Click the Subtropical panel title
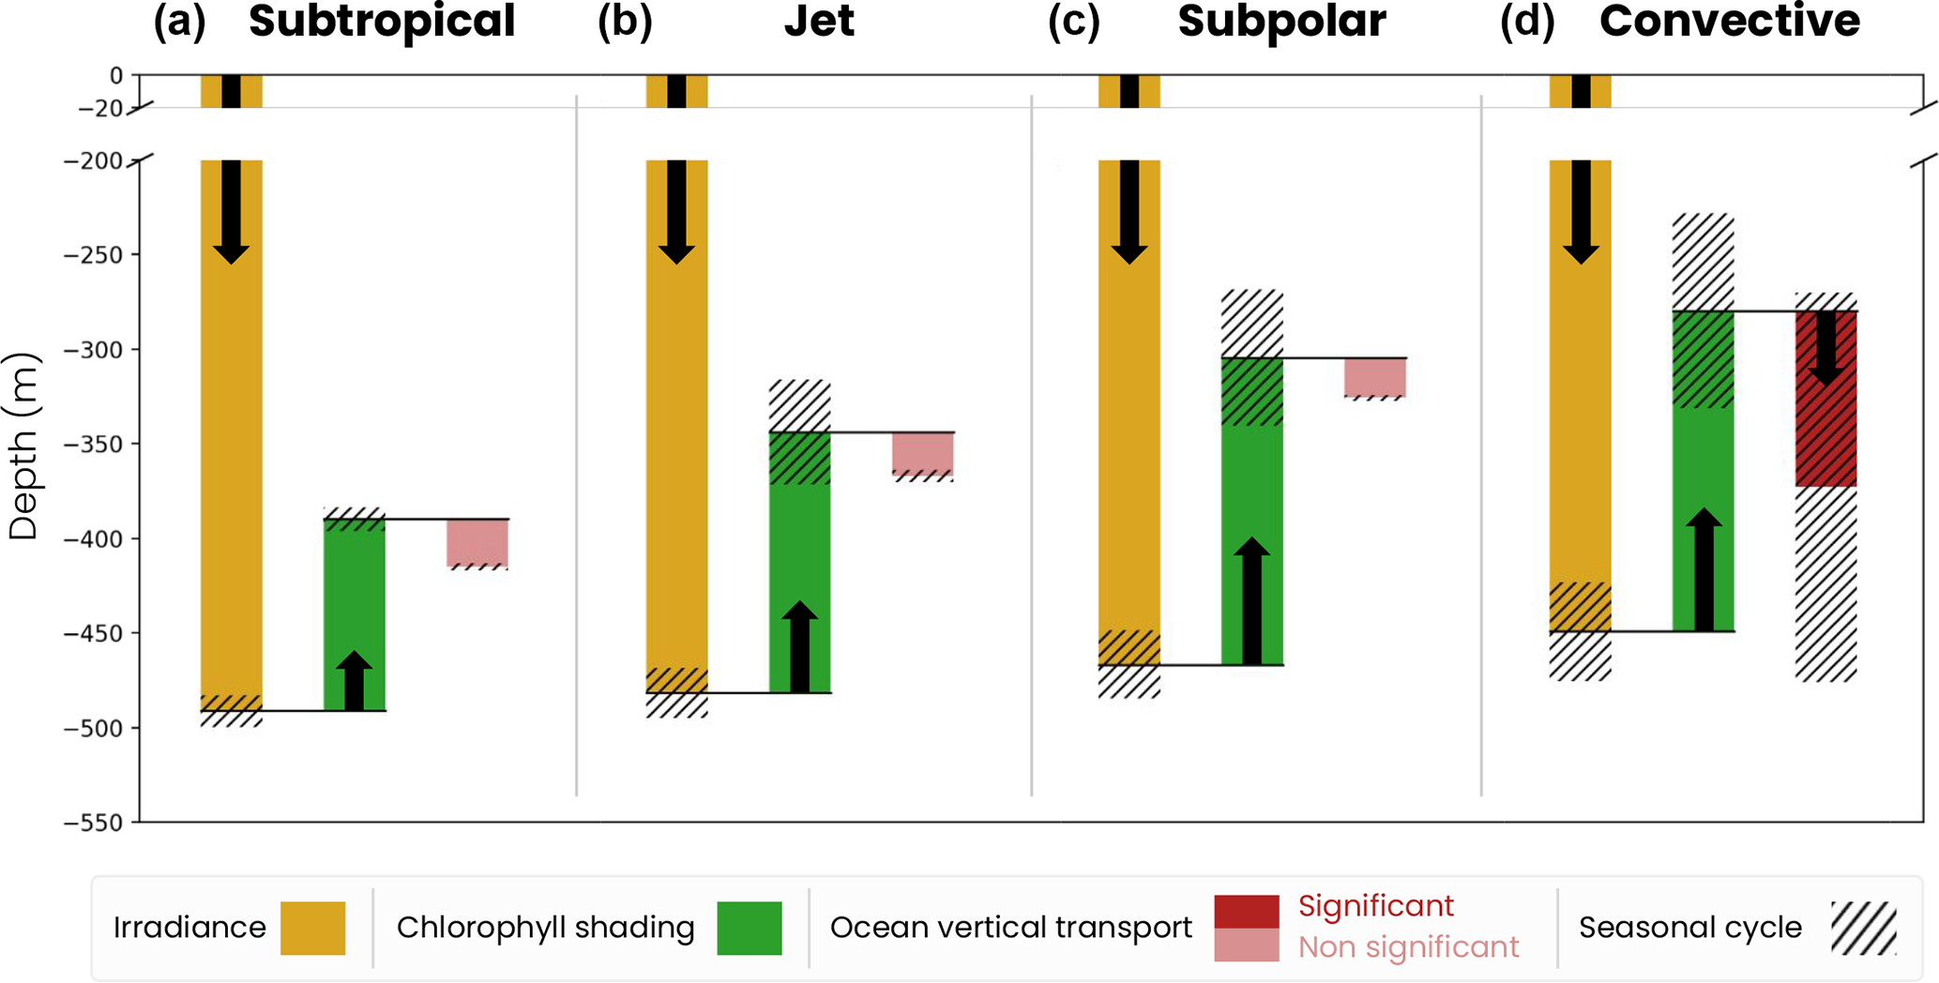(x=382, y=21)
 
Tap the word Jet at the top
(x=819, y=21)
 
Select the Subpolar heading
(x=1281, y=21)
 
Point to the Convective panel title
(x=1729, y=21)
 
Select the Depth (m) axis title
(x=23, y=446)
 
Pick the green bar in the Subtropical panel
(x=354, y=600)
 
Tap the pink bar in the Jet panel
(x=922, y=453)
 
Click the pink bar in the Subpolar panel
(x=1374, y=377)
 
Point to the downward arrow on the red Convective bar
(x=1825, y=347)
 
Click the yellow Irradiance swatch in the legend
(x=312, y=928)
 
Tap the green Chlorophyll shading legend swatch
(x=749, y=928)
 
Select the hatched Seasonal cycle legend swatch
(x=1863, y=928)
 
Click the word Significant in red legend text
(x=1375, y=906)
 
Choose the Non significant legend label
(x=1407, y=947)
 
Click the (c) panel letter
(x=1073, y=21)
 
